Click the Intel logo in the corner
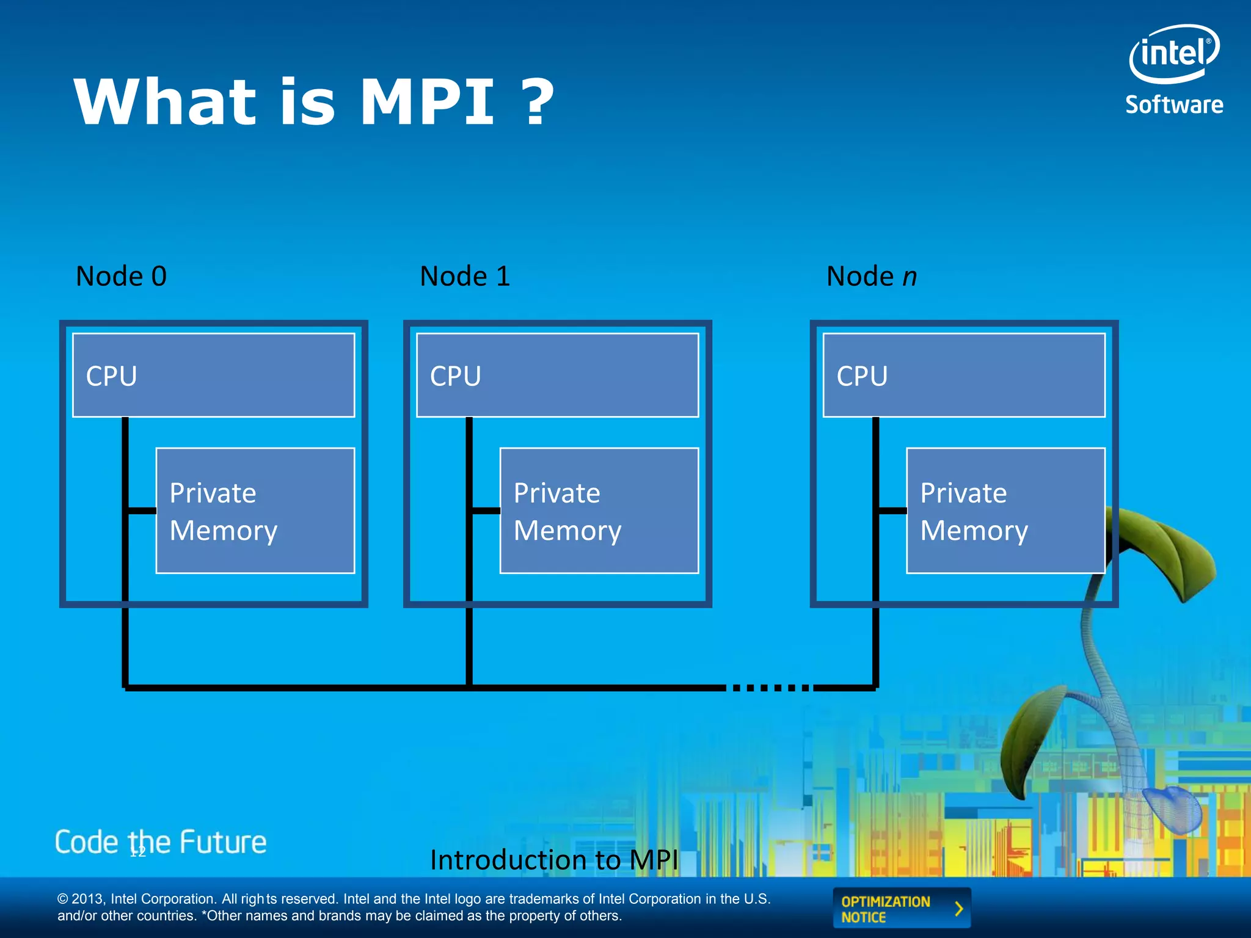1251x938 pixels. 1173,54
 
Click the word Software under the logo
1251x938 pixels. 1174,105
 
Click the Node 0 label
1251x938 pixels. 121,276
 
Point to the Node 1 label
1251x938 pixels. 465,276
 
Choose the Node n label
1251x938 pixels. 871,276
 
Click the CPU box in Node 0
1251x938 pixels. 213,375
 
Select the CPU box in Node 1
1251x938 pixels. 557,375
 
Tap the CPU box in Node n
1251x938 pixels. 964,375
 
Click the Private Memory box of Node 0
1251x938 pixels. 255,511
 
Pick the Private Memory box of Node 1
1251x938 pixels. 599,511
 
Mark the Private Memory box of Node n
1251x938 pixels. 1005,511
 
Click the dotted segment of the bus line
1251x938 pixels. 770,688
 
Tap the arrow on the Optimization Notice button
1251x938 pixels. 958,909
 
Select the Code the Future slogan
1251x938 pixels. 161,842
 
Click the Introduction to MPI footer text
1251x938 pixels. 554,860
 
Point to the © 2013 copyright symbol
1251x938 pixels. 63,899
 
